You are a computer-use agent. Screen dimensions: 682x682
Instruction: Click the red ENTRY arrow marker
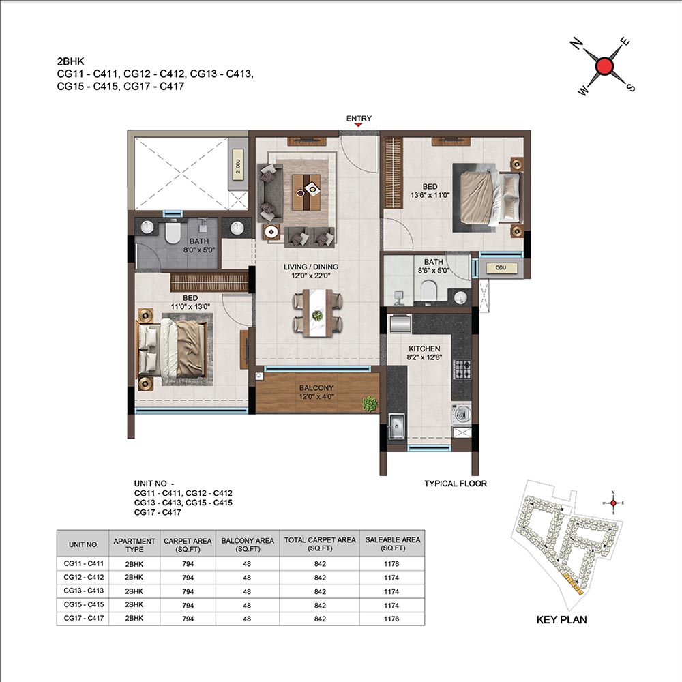tap(359, 125)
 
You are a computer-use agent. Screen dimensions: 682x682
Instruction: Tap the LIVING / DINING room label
tap(310, 267)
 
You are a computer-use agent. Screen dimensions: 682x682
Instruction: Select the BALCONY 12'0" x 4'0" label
tap(316, 392)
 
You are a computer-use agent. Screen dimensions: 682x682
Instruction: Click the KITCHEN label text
tap(424, 349)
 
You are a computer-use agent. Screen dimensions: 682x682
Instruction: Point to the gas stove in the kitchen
tap(462, 369)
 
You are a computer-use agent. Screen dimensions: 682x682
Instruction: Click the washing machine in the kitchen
tap(461, 414)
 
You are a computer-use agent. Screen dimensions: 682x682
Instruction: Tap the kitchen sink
tap(396, 426)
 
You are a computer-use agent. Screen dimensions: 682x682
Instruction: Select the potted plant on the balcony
tap(370, 404)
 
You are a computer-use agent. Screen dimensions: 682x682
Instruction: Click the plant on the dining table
tap(318, 315)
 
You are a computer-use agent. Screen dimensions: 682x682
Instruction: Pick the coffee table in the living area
tap(306, 192)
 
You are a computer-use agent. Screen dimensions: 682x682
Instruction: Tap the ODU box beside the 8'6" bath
tap(501, 268)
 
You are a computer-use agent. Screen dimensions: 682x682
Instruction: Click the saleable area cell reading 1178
tap(391, 564)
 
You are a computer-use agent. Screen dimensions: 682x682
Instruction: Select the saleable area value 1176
tap(391, 619)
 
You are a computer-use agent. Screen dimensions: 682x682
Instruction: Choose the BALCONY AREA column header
tap(248, 544)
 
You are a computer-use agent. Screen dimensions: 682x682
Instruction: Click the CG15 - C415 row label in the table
tap(83, 604)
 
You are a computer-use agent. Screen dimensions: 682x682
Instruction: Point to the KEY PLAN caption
tap(561, 620)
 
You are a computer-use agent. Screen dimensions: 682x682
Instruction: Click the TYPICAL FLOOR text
tap(456, 484)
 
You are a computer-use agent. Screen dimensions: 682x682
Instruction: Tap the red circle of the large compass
tap(604, 66)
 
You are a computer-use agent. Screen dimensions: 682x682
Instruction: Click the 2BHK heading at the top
tap(70, 61)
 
